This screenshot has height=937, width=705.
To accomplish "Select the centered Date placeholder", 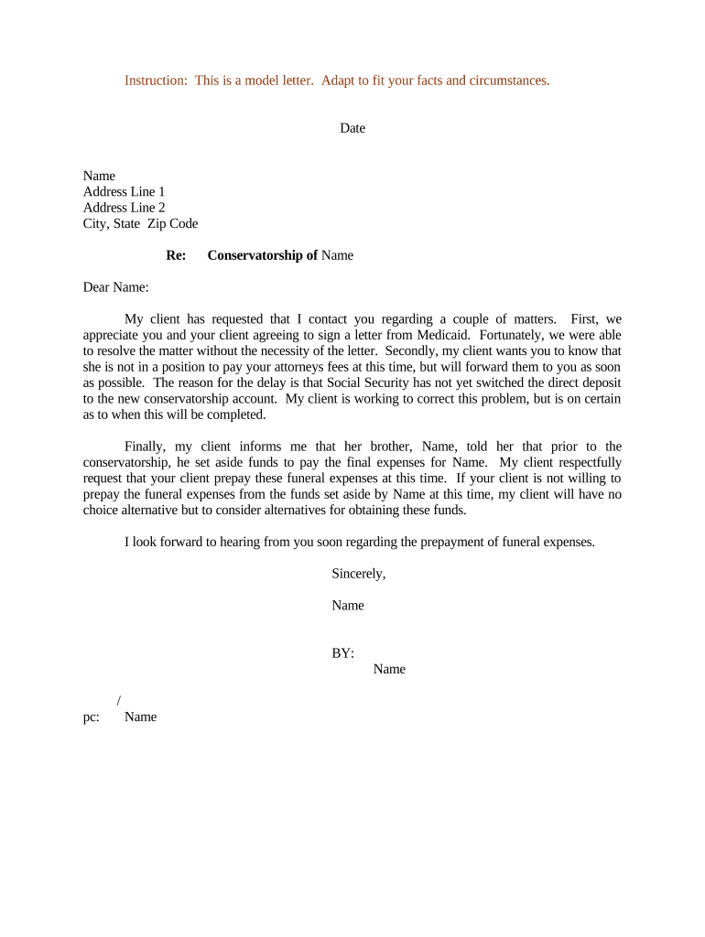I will [352, 128].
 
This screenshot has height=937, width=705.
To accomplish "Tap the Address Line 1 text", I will [125, 191].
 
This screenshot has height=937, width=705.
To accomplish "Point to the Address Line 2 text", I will [125, 208].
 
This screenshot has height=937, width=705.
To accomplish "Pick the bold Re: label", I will [176, 255].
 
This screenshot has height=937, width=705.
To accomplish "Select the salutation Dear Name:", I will [116, 287].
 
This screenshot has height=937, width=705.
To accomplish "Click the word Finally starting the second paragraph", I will [147, 447].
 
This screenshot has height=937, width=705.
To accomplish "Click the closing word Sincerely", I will [358, 574].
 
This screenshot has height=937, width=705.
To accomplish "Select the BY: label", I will [342, 653].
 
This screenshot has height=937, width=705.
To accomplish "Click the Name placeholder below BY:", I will [389, 669].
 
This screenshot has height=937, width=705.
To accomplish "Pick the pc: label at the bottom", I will [92, 716].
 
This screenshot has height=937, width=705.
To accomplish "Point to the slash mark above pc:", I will [119, 701].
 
